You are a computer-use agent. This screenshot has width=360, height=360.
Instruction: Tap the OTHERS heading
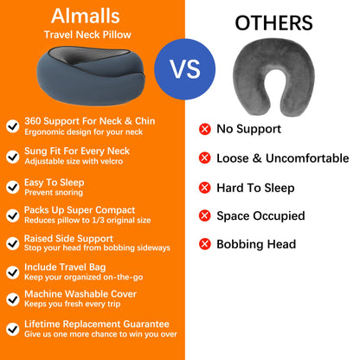click(x=273, y=22)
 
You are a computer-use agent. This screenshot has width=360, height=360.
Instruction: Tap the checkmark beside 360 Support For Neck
click(x=13, y=126)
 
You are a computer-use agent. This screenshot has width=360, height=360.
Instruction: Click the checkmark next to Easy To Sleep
click(x=13, y=185)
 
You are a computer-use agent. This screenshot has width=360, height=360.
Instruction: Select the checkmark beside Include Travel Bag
click(x=13, y=271)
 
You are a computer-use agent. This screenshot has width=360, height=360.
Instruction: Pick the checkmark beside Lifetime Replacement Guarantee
click(x=13, y=328)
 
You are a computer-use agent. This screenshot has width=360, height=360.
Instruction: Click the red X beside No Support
click(x=205, y=129)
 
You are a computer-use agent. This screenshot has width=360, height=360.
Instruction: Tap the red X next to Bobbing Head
click(x=205, y=244)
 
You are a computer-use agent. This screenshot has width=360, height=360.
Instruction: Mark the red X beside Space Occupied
click(x=205, y=215)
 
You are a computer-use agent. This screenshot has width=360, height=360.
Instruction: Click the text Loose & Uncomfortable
click(x=282, y=158)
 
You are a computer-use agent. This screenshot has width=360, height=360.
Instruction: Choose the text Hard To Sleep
click(x=255, y=187)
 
